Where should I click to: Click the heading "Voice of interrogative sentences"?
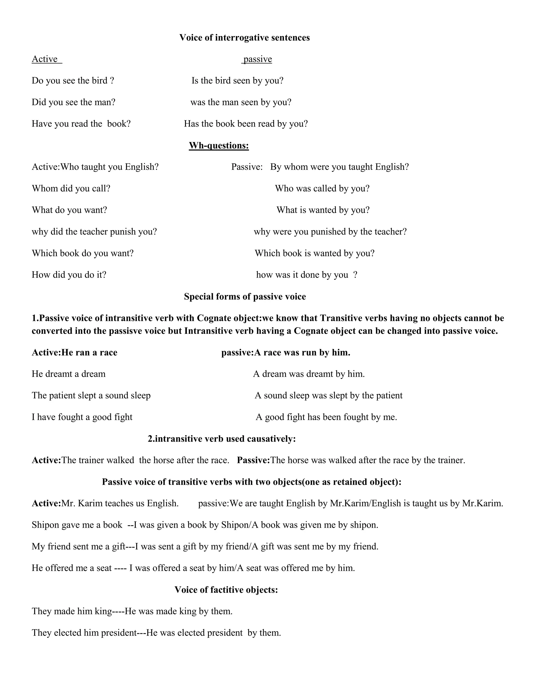click(x=245, y=38)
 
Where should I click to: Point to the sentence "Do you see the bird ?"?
click(x=73, y=81)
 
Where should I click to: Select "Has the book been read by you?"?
click(x=246, y=124)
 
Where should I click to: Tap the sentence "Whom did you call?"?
click(x=71, y=188)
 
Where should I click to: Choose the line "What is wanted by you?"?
click(x=323, y=210)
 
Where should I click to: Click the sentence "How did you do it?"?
click(x=69, y=275)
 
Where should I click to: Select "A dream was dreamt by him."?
click(x=309, y=374)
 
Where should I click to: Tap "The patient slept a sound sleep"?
click(x=91, y=396)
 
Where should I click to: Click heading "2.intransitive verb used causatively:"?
click(x=222, y=439)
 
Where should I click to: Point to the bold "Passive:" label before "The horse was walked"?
click(x=254, y=460)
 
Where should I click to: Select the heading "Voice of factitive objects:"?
click(x=226, y=590)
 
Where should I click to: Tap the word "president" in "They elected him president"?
click(x=118, y=633)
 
